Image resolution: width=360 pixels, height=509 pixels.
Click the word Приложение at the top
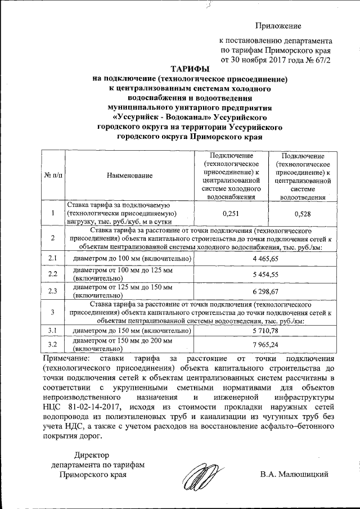click(278, 26)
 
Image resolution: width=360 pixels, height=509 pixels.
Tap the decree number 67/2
click(318, 58)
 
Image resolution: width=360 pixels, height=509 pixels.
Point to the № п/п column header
click(53, 175)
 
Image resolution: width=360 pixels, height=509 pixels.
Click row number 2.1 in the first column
click(53, 258)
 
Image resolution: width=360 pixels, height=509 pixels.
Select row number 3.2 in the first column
click(53, 344)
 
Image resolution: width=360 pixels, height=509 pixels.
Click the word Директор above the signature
click(93, 455)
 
